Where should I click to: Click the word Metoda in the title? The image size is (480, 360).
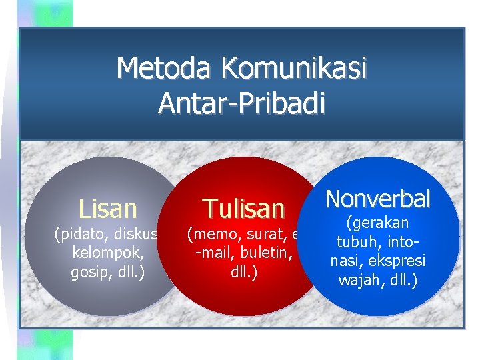pos(165,69)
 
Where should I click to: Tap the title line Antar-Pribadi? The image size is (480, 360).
pos(241,104)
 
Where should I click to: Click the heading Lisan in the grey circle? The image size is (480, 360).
pos(107,209)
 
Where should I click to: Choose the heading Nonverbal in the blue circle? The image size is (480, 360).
pos(377,198)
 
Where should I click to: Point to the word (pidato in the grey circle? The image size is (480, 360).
pos(77,234)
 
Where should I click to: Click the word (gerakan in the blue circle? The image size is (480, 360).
pos(377,223)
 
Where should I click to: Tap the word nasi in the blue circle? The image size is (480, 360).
pos(343,261)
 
